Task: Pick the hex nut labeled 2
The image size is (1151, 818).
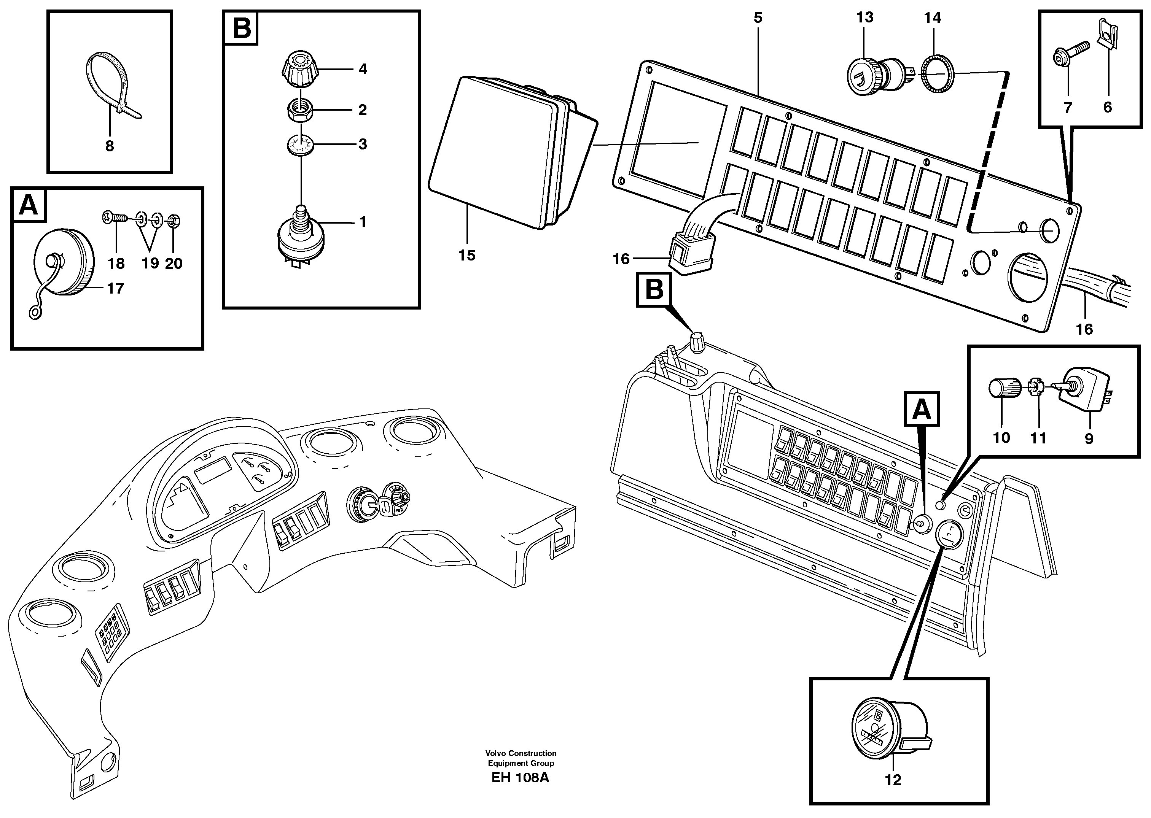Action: (300, 110)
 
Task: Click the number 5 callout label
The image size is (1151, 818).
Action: (758, 18)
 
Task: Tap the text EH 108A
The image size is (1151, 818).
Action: (520, 792)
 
